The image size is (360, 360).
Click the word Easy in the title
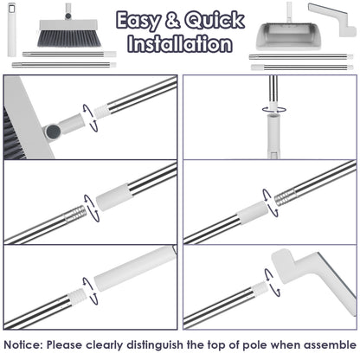[138, 21]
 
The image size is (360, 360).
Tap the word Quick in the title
[215, 21]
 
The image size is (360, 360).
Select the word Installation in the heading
[180, 43]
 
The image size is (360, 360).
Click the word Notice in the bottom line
[22, 344]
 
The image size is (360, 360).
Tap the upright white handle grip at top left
[11, 29]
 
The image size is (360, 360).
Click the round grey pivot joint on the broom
[53, 132]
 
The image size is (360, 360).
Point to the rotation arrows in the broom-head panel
[90, 118]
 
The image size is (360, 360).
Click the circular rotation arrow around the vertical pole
[273, 109]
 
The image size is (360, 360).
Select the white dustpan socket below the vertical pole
[273, 136]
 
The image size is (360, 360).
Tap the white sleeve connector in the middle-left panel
[114, 196]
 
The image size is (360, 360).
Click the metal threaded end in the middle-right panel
[286, 197]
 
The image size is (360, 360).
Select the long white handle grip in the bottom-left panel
[135, 268]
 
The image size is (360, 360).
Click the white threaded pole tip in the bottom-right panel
[260, 289]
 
